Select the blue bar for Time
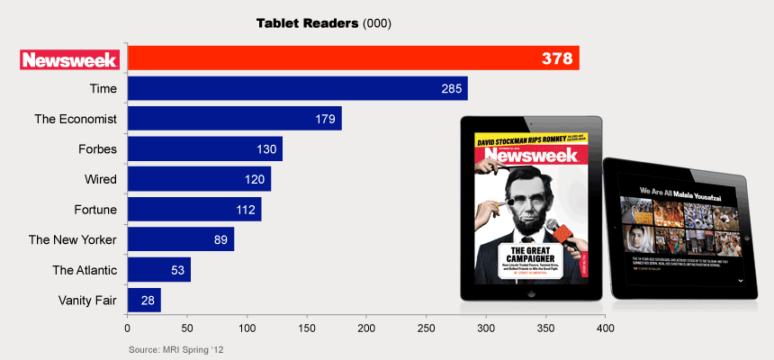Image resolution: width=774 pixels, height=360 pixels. [297, 88]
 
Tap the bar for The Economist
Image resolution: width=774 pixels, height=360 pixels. [234, 119]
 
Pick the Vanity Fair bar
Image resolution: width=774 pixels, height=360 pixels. [144, 300]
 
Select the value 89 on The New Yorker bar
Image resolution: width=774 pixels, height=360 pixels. [220, 239]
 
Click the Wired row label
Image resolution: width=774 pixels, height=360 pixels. [102, 179]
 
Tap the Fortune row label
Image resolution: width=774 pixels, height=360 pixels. [95, 210]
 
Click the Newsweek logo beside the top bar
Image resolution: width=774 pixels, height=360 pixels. [69, 59]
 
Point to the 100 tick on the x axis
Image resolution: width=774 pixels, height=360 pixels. [247, 328]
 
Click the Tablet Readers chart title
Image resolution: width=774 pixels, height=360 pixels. [310, 22]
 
